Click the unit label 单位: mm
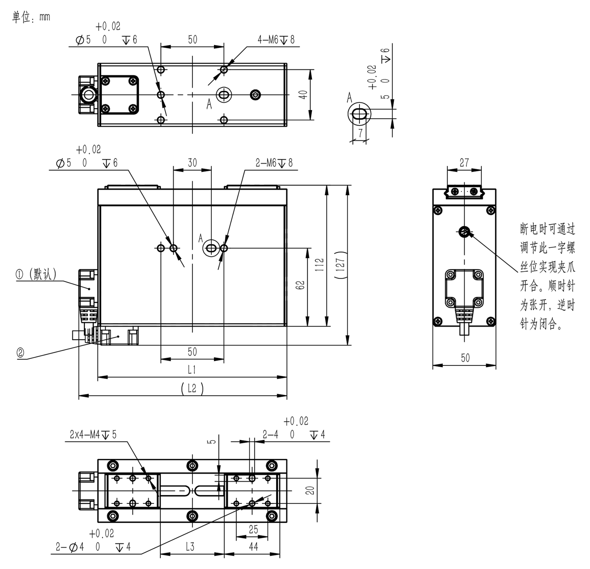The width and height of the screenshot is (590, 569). point(31,17)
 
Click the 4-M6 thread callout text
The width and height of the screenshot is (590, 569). point(276,39)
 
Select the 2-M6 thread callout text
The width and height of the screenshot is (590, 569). point(274,163)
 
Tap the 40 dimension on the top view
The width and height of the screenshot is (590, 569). point(303,95)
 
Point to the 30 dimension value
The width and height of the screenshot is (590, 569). point(192,163)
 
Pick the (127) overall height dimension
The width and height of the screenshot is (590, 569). point(341,265)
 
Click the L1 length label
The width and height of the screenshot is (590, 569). point(192,369)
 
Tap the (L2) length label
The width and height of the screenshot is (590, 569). point(192,389)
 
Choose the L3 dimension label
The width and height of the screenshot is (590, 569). point(190,547)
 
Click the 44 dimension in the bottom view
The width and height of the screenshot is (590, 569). point(253,547)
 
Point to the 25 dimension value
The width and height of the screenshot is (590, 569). point(253,529)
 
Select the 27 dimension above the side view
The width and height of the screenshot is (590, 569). point(465,163)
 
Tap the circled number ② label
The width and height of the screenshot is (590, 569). point(20,352)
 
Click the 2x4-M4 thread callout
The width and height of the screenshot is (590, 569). point(93,435)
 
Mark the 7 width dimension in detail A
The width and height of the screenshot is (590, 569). point(360,133)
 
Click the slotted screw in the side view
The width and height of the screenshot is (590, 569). point(465,232)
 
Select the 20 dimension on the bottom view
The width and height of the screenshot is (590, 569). point(310,490)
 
